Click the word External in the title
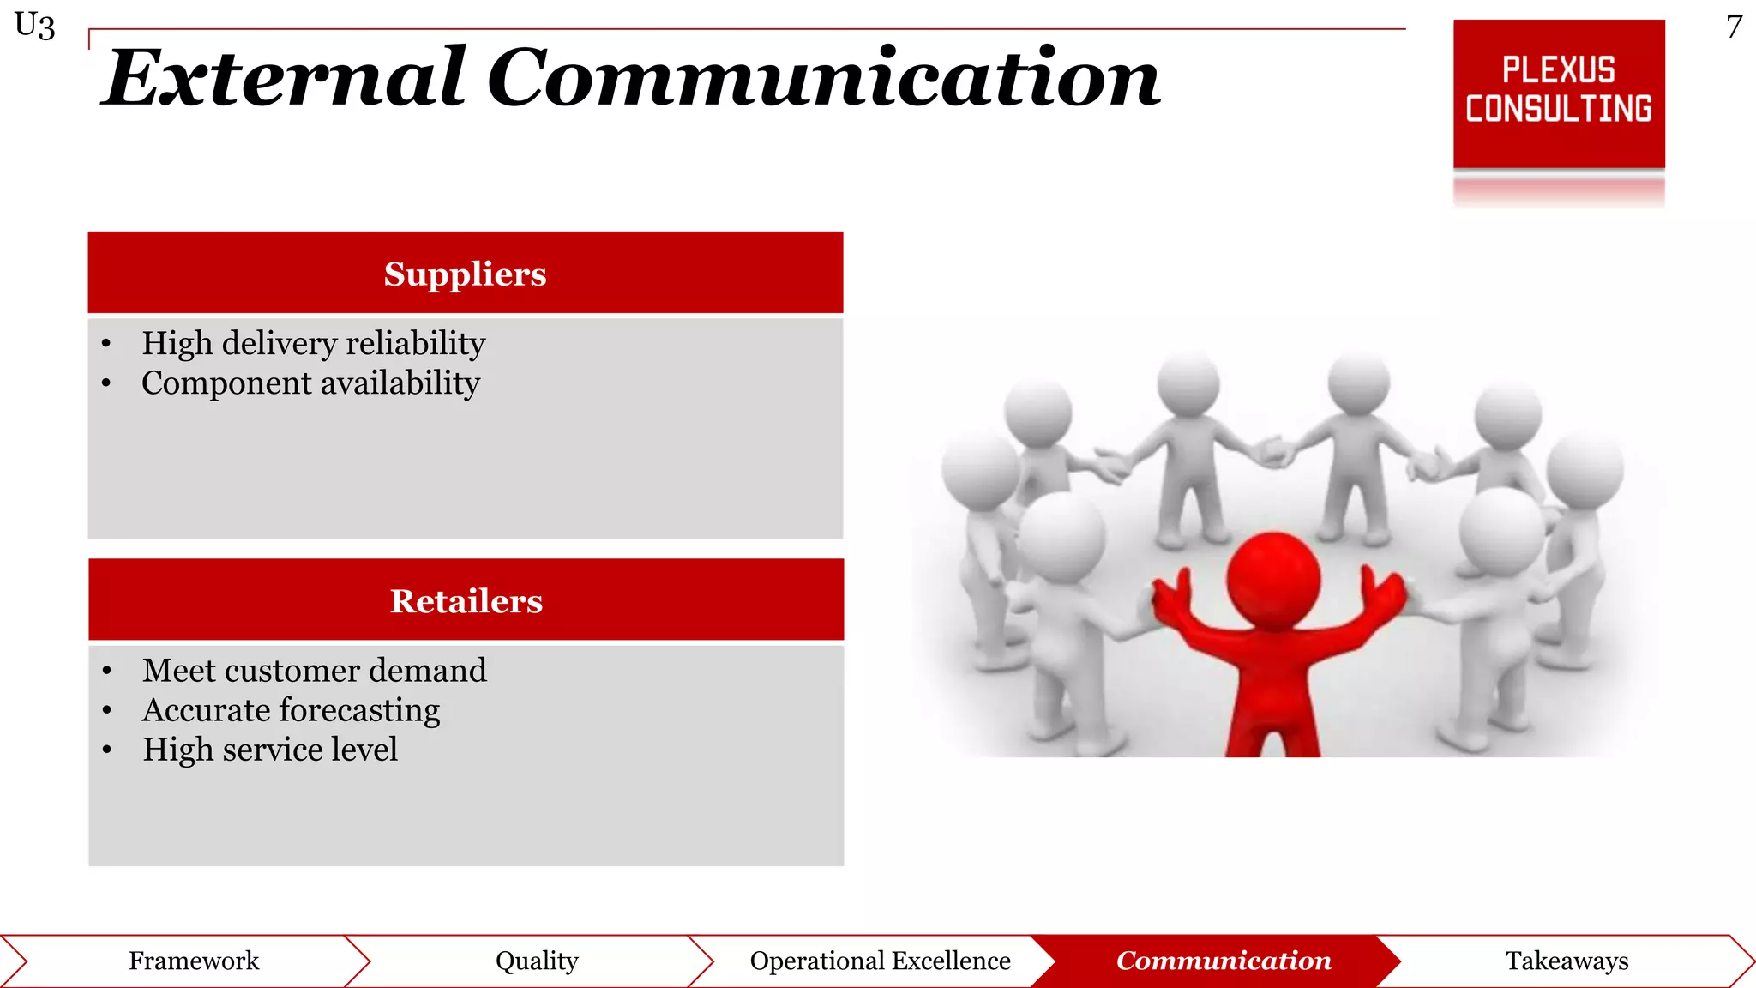click(x=283, y=79)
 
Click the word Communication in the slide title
click(x=823, y=79)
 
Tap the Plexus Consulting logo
click(x=1558, y=93)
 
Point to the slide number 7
click(x=1734, y=27)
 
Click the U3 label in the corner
click(x=35, y=26)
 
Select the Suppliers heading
click(x=465, y=274)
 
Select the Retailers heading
click(x=466, y=600)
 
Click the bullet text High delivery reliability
click(x=313, y=343)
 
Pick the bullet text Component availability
click(x=310, y=383)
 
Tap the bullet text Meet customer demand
click(x=314, y=670)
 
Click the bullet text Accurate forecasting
click(x=291, y=709)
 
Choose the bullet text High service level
click(x=269, y=750)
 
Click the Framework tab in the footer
click(x=194, y=961)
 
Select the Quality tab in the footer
click(x=537, y=961)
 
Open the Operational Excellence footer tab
click(x=880, y=961)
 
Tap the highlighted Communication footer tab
click(x=1224, y=961)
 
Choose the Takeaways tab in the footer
click(x=1567, y=961)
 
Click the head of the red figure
click(x=1273, y=579)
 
